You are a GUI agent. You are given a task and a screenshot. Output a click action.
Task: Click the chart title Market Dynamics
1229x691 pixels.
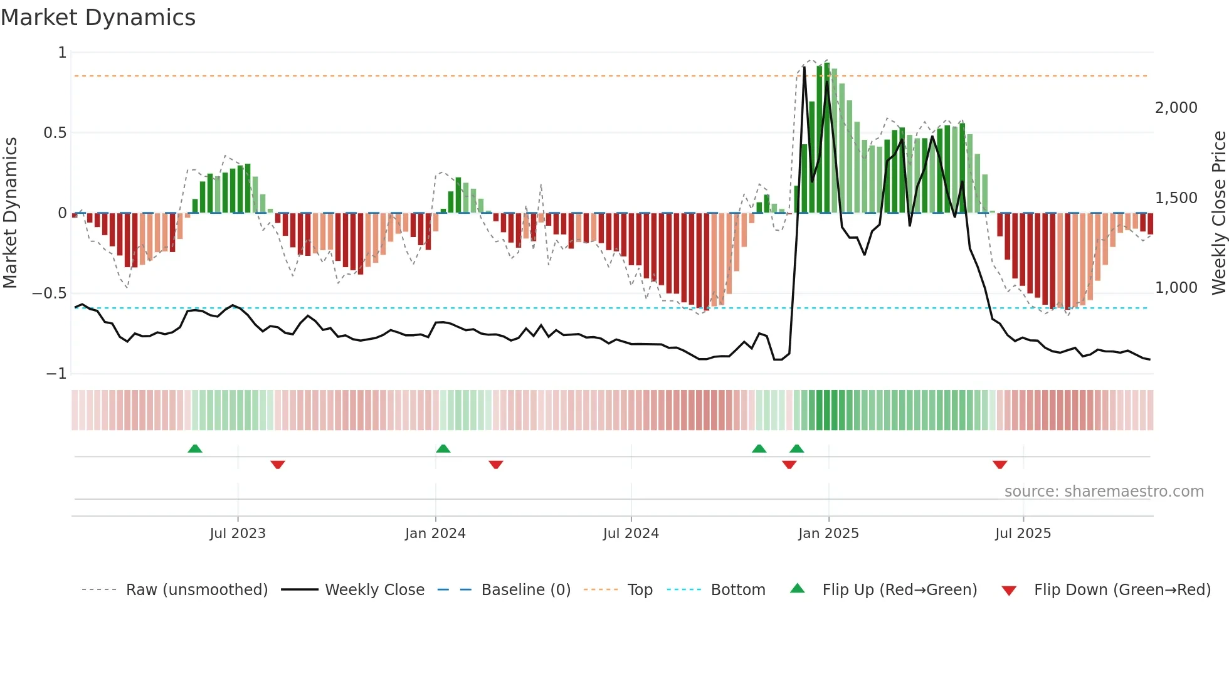coord(98,18)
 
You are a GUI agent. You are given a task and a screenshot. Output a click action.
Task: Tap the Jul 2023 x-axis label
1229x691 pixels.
coord(238,534)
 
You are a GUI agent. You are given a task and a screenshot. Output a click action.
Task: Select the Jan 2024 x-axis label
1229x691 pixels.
coord(435,534)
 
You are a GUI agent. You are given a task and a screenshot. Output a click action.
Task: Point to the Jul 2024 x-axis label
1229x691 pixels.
coord(631,534)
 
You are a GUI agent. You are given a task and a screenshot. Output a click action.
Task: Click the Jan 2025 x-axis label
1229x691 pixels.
coord(828,534)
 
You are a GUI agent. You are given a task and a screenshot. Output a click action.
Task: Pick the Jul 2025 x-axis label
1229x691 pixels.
coord(1023,534)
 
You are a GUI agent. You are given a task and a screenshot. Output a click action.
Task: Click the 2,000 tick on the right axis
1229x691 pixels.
coord(1176,108)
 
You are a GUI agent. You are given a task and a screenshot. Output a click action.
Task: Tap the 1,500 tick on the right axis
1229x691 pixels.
coord(1176,198)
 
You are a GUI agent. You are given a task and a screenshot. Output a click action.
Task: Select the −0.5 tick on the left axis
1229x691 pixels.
coord(49,293)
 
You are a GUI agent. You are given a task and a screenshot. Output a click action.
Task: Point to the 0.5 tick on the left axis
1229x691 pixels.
coord(55,133)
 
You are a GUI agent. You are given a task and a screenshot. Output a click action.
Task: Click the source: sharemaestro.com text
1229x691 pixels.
coord(1104,492)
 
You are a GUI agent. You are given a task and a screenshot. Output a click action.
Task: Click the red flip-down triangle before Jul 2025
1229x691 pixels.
coord(1000,465)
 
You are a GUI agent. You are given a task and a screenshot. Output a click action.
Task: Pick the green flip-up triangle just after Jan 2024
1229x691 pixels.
coord(443,449)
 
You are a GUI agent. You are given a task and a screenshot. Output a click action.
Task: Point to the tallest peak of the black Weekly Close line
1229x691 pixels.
coord(804,68)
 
